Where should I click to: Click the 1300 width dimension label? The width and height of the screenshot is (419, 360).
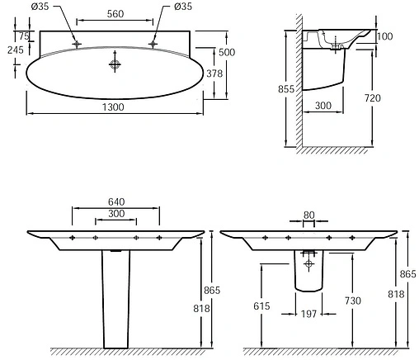point(113,107)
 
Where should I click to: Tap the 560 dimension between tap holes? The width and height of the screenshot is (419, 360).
point(115,14)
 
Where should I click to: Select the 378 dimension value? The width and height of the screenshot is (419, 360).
point(214,73)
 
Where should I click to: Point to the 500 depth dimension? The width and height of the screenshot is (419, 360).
point(227,52)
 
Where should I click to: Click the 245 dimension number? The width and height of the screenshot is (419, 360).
point(16,50)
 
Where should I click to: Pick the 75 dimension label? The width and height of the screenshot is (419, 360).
point(24,36)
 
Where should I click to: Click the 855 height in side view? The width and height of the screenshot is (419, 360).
point(286,89)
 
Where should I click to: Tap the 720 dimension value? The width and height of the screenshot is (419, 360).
point(373,98)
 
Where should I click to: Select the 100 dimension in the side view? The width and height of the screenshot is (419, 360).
point(385,36)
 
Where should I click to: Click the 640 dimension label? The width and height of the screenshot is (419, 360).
point(116,201)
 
